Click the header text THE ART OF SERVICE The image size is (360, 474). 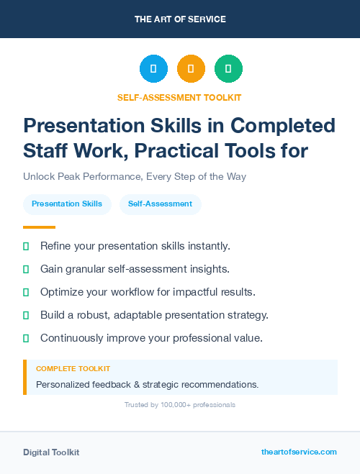pos(180,19)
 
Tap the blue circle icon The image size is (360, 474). pos(153,69)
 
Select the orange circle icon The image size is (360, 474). pos(191,69)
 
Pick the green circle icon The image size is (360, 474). pos(228,69)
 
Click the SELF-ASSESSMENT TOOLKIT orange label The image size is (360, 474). pos(180,97)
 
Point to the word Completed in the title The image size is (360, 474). pos(282,126)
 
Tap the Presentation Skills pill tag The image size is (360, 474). pos(67,204)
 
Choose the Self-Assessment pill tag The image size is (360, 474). pos(160,204)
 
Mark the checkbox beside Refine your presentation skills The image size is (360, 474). pos(26,246)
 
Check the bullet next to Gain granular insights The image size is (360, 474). pos(26,269)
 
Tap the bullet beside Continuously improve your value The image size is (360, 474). pos(26,338)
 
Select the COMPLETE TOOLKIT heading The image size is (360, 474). pos(73,368)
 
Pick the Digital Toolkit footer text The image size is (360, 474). pos(51,452)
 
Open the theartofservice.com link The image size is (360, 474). pos(299,452)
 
